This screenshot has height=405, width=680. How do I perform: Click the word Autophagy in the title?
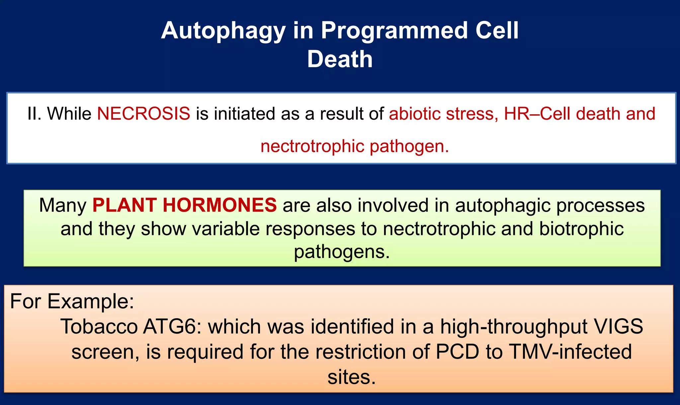[x=223, y=31]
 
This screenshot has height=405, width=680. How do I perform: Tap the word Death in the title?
[x=340, y=59]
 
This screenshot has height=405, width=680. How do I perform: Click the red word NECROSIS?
[x=143, y=114]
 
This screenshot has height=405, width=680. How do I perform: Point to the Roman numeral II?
[x=34, y=114]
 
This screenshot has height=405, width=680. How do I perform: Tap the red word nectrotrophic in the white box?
[x=312, y=146]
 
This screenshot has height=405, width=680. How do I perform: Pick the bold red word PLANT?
[x=125, y=205]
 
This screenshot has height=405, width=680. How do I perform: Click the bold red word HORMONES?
[x=219, y=205]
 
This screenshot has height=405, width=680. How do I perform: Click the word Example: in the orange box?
[x=91, y=301]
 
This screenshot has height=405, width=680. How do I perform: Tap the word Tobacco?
[x=99, y=327]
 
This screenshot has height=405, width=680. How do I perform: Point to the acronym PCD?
[x=458, y=352]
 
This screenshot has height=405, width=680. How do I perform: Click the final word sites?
[x=351, y=377]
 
